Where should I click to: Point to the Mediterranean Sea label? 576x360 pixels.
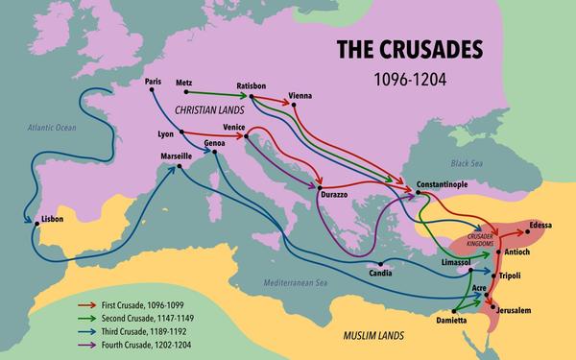295,284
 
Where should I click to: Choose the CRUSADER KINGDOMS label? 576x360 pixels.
480,240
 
